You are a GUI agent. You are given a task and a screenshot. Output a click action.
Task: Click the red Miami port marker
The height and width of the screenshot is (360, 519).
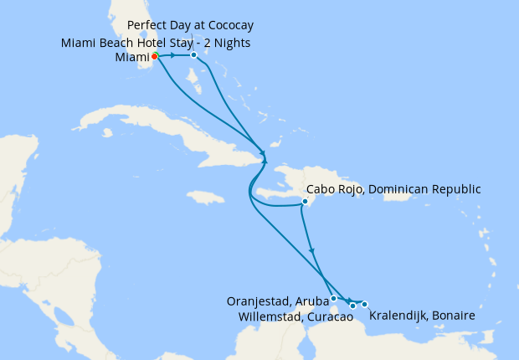(x=155, y=56)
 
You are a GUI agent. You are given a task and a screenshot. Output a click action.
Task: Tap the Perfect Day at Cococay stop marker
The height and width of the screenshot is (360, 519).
(x=193, y=55)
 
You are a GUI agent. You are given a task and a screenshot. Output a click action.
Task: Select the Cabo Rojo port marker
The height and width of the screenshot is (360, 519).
(x=306, y=201)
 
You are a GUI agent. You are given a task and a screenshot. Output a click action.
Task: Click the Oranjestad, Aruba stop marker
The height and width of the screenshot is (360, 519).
(x=334, y=298)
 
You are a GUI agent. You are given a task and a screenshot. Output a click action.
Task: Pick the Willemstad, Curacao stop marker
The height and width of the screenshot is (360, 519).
(x=353, y=306)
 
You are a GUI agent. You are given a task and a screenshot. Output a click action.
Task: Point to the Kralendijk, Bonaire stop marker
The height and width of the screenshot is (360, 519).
(x=365, y=304)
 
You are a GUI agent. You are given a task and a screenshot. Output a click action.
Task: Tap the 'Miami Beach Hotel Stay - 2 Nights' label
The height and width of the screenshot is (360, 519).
(x=156, y=43)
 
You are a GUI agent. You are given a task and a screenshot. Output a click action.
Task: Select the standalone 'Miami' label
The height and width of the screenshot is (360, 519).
(x=131, y=58)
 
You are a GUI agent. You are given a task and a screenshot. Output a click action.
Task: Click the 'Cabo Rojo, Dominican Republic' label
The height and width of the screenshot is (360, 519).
(x=394, y=189)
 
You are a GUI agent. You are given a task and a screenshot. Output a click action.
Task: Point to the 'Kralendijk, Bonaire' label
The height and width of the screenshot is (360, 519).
(x=422, y=316)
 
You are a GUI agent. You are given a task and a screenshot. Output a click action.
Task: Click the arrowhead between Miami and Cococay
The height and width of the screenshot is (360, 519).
(x=172, y=55)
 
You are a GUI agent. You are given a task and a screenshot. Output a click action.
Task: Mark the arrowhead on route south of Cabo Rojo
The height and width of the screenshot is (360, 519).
(x=312, y=250)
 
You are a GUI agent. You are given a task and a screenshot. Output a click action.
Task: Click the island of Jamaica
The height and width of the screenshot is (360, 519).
(x=205, y=198)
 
